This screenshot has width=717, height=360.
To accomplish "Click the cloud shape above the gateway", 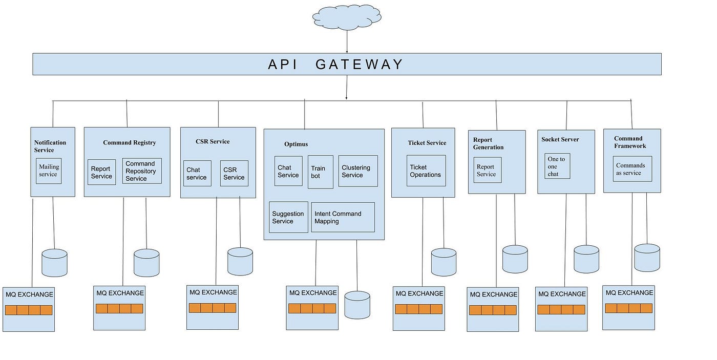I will tap(347, 18).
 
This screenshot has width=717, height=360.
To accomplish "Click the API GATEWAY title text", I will tap(336, 65).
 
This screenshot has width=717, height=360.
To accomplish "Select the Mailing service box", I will tap(49, 171).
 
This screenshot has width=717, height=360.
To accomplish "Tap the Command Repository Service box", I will tap(142, 171).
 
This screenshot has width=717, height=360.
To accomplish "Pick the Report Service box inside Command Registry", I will tap(101, 173).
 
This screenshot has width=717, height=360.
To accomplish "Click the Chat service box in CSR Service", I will tap(197, 174).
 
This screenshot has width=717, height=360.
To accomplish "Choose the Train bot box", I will tap(321, 172).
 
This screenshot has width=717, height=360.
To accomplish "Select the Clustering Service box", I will tap(358, 171).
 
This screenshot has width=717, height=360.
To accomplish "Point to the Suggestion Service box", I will tap(288, 218).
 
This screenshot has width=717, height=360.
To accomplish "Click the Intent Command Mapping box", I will tap(343, 218).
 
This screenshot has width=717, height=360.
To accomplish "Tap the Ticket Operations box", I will tap(426, 171).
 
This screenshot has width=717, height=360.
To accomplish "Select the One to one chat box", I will tap(557, 166).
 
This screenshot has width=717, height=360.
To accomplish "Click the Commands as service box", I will tap(632, 169).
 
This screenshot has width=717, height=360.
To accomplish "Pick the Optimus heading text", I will tap(296, 144).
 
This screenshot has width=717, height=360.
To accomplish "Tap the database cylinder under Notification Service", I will tap(54, 263).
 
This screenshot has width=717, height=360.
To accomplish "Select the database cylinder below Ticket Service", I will tap(444, 262).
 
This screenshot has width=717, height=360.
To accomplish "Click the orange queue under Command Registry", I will tap(119, 308).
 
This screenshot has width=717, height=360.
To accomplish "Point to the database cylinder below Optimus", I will tap(357, 305).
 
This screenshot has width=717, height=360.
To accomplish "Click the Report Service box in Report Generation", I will tap(488, 170).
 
